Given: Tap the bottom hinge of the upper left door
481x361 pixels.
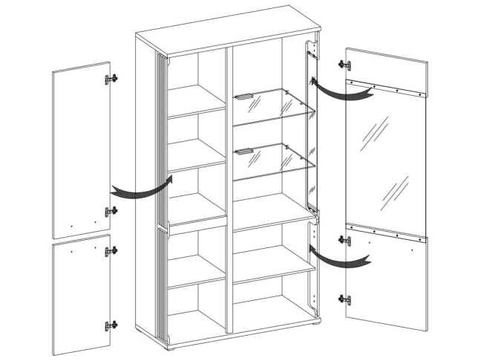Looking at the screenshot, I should point(111,212).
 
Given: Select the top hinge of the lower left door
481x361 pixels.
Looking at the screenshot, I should point(111,252).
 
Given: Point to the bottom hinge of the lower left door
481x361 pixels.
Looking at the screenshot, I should point(111,326).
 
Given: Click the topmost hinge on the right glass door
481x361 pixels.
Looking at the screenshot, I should point(345,65).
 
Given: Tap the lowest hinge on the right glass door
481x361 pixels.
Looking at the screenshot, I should point(345,300).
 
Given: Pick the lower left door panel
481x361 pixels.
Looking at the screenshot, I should point(82,297).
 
